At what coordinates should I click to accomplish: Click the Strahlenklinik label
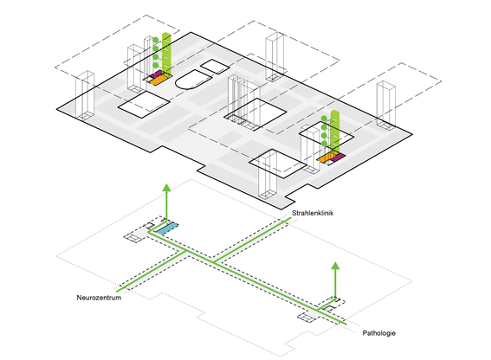tap(313, 213)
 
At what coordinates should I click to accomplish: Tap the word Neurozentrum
tap(99, 298)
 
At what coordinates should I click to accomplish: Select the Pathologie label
tap(379, 333)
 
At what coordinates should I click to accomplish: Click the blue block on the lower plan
tap(167, 228)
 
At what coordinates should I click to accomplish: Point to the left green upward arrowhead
tap(166, 188)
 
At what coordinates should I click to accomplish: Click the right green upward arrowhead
tap(335, 266)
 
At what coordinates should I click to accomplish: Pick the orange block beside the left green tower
tap(157, 80)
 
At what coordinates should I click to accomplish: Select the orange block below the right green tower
tap(326, 157)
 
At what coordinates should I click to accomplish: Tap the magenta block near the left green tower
tap(157, 74)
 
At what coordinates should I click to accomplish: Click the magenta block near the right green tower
tap(338, 157)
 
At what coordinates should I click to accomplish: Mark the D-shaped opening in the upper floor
tap(192, 80)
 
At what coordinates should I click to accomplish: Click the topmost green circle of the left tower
tap(156, 40)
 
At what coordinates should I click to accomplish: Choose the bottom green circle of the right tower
tap(324, 144)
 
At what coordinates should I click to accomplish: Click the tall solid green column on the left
tap(166, 54)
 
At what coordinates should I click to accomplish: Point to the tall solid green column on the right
tap(335, 132)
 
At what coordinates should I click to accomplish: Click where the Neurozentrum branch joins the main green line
tap(187, 251)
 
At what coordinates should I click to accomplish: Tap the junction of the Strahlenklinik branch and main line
tap(215, 262)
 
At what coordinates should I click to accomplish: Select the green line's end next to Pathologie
tap(346, 324)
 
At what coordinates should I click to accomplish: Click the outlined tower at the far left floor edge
tap(85, 96)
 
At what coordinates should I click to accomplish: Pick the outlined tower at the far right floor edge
tap(386, 106)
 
